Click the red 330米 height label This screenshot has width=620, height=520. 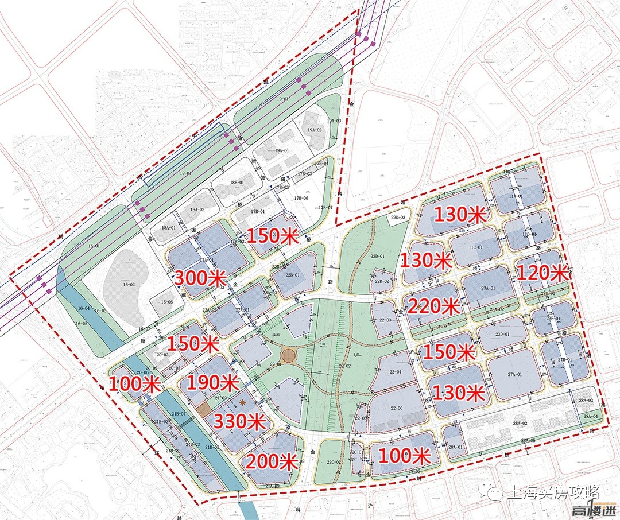[x=240, y=422]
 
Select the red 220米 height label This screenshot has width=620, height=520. [x=433, y=306]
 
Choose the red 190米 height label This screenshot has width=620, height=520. [x=212, y=383]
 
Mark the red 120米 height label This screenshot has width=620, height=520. [x=542, y=272]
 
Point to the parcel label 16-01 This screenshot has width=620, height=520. [x=94, y=246]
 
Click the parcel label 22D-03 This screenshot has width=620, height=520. [x=398, y=218]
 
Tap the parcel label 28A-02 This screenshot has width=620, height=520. [x=520, y=423]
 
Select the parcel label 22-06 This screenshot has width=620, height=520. [x=397, y=409]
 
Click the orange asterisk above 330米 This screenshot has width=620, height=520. [x=243, y=403]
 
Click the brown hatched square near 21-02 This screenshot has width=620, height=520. [x=203, y=410]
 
